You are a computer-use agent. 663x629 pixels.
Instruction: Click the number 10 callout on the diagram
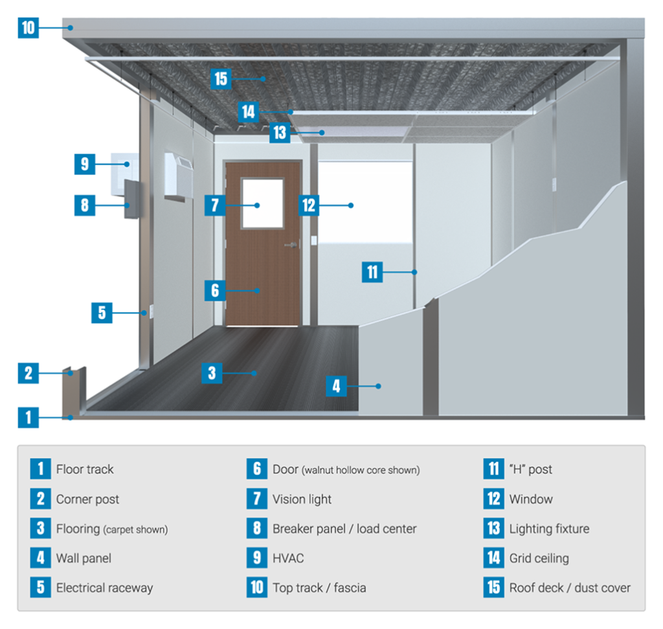point(28,28)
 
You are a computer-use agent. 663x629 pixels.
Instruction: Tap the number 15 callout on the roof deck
point(221,78)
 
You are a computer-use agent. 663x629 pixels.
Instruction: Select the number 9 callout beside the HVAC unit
point(85,164)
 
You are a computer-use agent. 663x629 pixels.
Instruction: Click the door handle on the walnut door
point(291,244)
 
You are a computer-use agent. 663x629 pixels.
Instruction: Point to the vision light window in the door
point(262,203)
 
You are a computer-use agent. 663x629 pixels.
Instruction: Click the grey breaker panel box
point(131,199)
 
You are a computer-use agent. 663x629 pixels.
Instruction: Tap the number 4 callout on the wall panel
point(336,386)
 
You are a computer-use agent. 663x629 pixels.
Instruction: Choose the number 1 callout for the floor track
point(28,418)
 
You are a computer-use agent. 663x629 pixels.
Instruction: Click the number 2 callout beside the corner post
point(28,373)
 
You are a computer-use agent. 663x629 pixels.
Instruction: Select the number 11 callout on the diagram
point(372,272)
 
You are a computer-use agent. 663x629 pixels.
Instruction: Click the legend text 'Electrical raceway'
point(104,588)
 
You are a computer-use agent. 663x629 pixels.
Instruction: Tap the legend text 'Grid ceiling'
point(539,558)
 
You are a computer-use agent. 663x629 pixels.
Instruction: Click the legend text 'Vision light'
point(302,499)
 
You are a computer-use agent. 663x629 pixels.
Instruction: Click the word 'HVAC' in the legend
point(288,558)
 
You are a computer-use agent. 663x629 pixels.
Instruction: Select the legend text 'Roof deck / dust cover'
point(570,588)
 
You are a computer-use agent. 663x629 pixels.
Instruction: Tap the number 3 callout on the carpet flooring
point(212,373)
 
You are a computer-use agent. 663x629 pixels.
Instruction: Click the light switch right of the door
point(314,240)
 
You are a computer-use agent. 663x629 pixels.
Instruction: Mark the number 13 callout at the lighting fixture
point(280,132)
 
